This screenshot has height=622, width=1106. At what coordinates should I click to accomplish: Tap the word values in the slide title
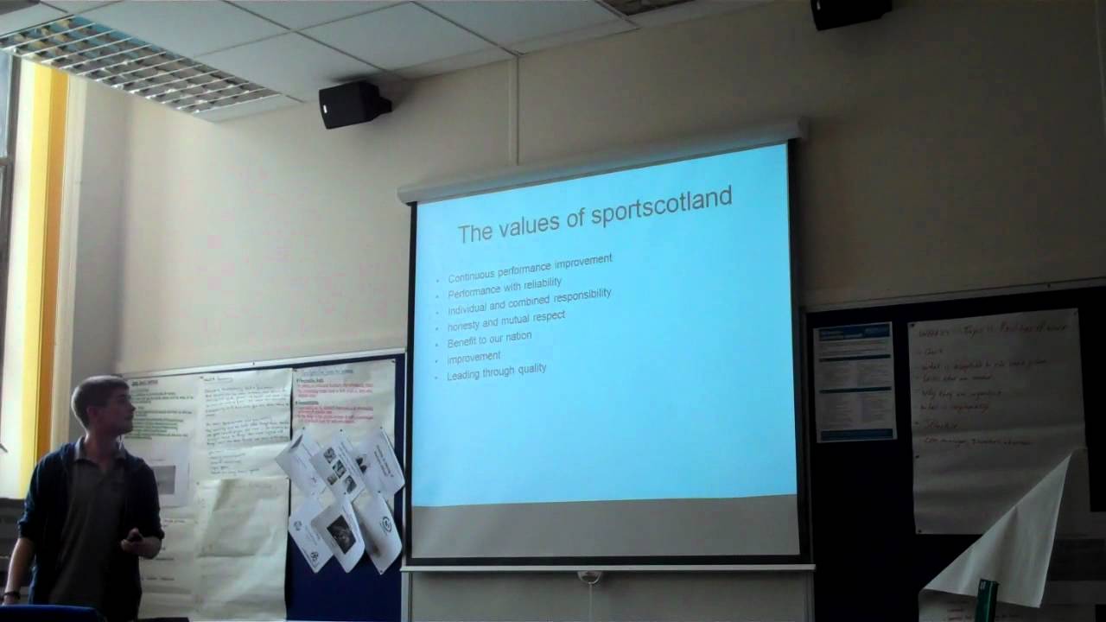(540, 225)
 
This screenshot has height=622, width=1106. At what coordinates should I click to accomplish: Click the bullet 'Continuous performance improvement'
(530, 269)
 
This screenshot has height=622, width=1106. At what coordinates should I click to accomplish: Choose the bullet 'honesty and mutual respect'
(506, 321)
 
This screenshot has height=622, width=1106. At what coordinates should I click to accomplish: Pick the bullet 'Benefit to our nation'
(489, 340)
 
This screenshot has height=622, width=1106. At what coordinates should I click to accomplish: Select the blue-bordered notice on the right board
(854, 381)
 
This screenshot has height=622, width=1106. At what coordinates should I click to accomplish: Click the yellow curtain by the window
(48, 259)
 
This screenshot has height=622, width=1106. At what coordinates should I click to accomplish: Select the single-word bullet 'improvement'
(474, 357)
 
